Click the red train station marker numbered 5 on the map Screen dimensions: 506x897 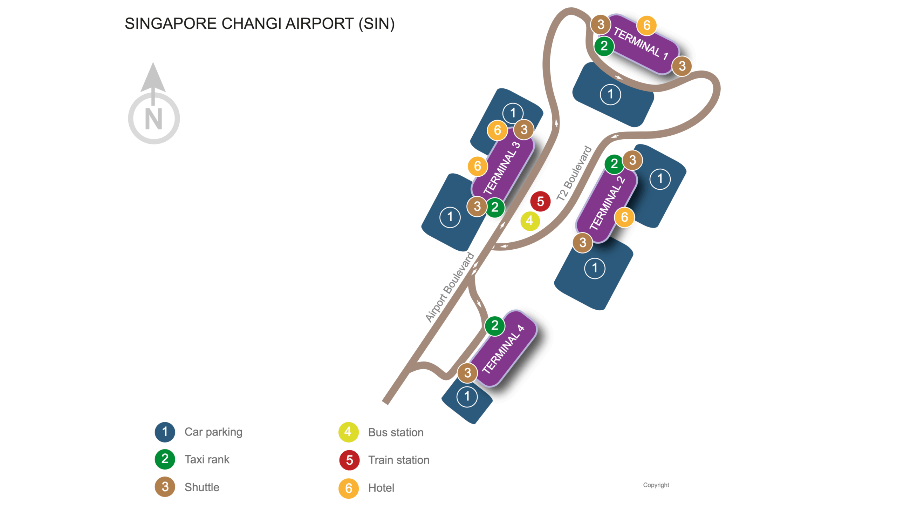point(540,201)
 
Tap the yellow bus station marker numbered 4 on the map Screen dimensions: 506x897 point(529,221)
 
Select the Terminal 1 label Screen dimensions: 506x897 point(641,44)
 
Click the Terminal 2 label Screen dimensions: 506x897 point(607,203)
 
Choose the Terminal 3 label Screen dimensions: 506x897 point(501,168)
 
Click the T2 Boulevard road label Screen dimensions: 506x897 point(574,174)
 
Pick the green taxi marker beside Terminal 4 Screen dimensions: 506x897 point(494,325)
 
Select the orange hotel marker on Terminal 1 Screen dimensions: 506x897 point(646,25)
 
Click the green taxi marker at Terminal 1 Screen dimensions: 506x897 point(604,46)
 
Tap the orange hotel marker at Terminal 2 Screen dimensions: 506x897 point(624,217)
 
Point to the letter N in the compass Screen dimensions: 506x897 point(153,119)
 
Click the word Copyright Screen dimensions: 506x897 point(656,485)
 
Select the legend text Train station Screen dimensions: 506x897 point(398,460)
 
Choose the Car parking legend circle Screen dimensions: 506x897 point(165,432)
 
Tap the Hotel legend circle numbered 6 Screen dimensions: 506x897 point(348,488)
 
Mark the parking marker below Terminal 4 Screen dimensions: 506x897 point(467,397)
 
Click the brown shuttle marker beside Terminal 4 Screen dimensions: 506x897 point(467,373)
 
